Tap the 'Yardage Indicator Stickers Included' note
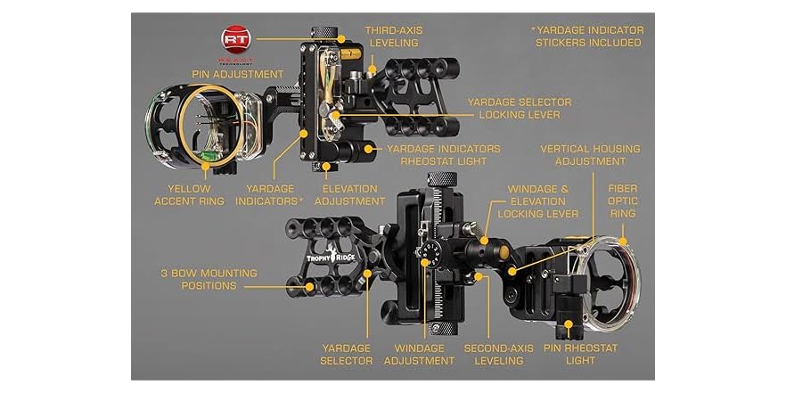coord(588,36)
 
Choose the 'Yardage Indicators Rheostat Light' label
coord(443,155)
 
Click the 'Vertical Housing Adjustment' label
coord(589,155)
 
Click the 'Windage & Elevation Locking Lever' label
coord(544,201)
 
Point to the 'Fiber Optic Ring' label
coord(622,201)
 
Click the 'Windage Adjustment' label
coord(419,354)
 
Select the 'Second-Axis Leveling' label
coord(500,354)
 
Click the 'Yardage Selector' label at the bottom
coord(346,354)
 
